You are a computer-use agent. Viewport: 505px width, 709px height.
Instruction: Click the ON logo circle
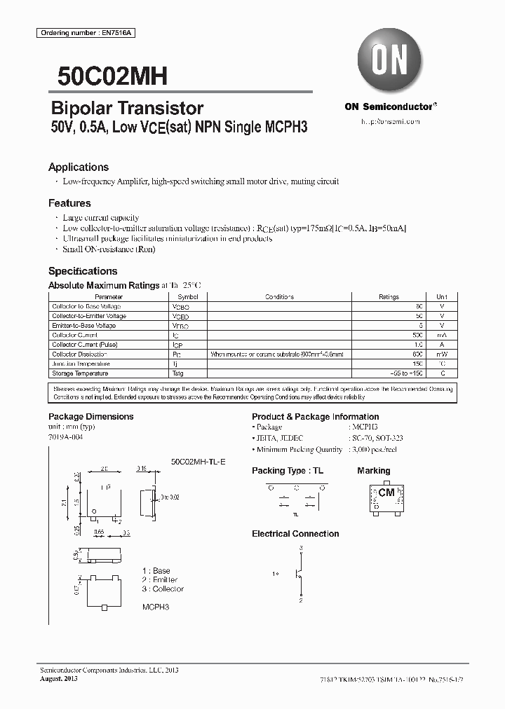(389, 60)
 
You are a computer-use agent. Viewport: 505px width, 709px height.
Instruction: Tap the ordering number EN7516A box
(73, 34)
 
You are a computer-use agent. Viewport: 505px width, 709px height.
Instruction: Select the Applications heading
(78, 167)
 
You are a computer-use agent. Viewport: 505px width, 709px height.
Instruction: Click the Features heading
(69, 203)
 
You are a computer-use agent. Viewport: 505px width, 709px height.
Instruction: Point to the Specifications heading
(83, 271)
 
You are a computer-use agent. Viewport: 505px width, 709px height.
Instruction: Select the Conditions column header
(279, 297)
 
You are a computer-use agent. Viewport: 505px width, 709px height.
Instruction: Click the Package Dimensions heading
(90, 416)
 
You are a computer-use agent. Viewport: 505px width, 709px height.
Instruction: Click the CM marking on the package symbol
(386, 493)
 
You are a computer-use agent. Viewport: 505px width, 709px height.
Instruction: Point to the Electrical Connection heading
(295, 534)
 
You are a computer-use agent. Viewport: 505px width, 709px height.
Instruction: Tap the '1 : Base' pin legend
(156, 571)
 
